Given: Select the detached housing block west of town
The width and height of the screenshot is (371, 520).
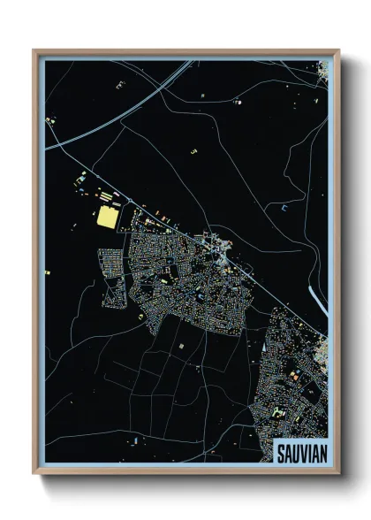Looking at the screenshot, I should pyautogui.click(x=112, y=276).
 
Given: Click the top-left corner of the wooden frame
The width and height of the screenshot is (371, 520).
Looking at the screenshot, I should pyautogui.click(x=34, y=50).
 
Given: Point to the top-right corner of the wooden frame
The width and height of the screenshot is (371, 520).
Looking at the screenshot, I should pyautogui.click(x=338, y=50).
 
